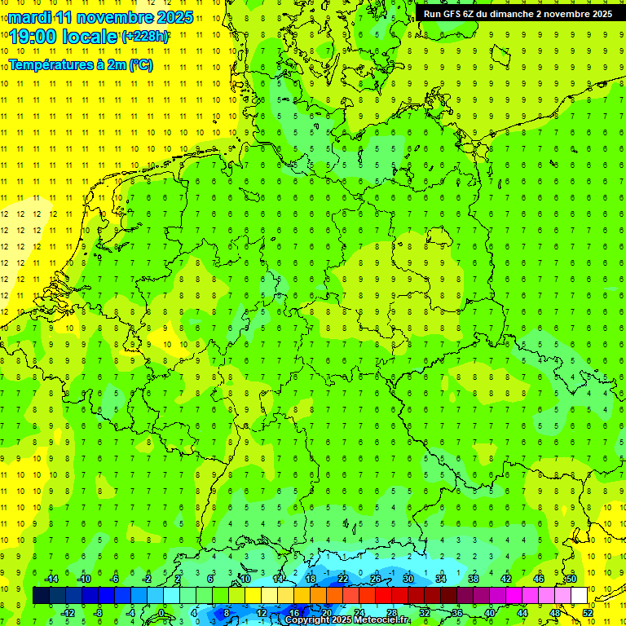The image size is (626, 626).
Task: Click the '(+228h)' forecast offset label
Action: [x=145, y=37]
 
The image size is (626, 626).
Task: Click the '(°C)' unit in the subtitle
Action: [x=140, y=65]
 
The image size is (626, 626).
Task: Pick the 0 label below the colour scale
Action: [x=161, y=612]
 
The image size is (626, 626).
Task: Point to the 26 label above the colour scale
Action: [x=376, y=579]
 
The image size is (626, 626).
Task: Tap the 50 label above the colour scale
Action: [x=571, y=579]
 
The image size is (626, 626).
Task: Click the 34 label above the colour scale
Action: [x=441, y=579]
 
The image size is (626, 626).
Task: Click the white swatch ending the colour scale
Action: [x=579, y=596]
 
